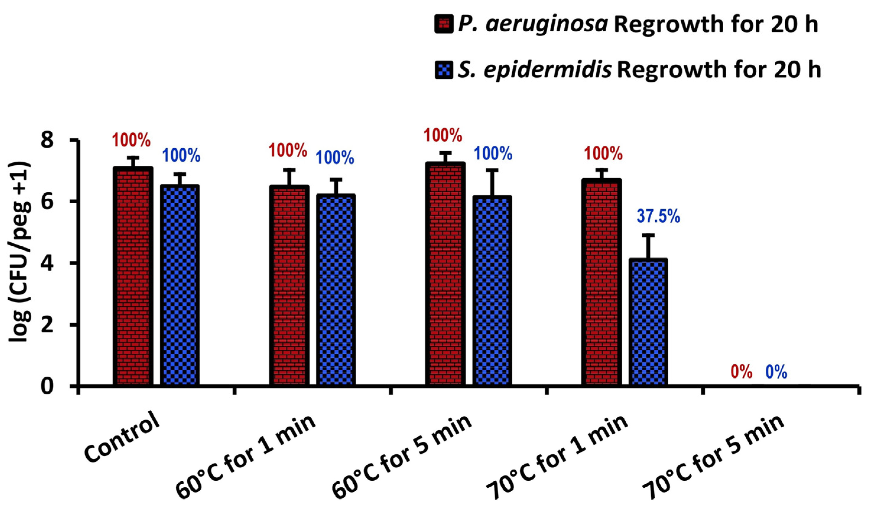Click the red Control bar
[133, 276]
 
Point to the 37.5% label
[658, 217]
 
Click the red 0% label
[741, 373]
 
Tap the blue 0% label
[776, 373]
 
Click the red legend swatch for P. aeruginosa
[444, 25]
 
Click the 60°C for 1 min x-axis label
[247, 463]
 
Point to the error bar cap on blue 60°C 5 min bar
[493, 170]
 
